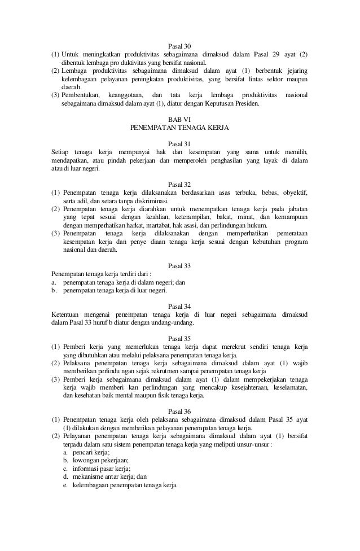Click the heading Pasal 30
[x=180, y=46]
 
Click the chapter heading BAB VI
[x=179, y=119]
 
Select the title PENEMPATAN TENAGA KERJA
[x=179, y=128]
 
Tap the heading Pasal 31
[x=180, y=144]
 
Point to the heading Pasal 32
[x=180, y=185]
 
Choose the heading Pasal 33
[x=180, y=266]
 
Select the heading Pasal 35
[x=180, y=339]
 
